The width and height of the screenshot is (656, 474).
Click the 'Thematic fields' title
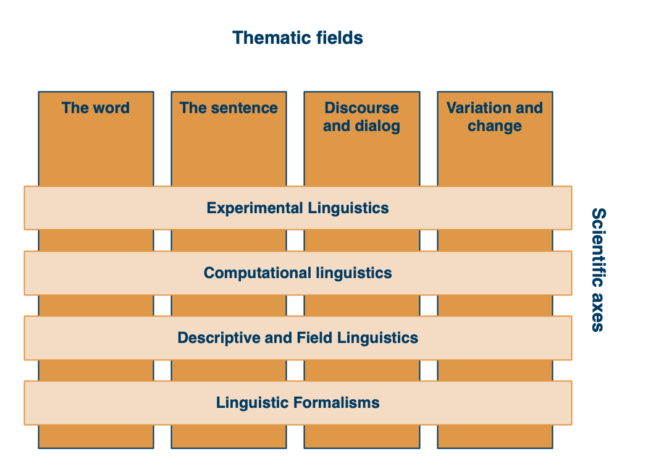[x=298, y=38]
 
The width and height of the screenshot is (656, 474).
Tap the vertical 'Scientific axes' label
[x=599, y=270]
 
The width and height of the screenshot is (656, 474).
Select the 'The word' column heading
[x=96, y=108]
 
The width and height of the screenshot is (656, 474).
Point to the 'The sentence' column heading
[x=229, y=108]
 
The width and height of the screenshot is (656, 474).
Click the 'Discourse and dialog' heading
[x=361, y=117]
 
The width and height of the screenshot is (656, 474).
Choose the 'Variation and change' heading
[x=495, y=117]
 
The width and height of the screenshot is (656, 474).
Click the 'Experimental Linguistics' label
[x=298, y=208]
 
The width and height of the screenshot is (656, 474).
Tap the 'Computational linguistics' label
[x=298, y=273]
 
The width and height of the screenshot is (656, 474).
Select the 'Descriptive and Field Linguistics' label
[x=298, y=338]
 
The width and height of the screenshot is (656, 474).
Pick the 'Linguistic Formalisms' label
[x=298, y=403]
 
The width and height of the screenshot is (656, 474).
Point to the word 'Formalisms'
[x=337, y=402]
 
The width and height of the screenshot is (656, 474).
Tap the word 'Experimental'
[x=254, y=208]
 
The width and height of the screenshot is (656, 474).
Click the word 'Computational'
[x=258, y=273]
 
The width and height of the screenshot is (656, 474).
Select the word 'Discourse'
[x=361, y=108]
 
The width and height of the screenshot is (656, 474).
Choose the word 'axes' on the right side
[x=599, y=312]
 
